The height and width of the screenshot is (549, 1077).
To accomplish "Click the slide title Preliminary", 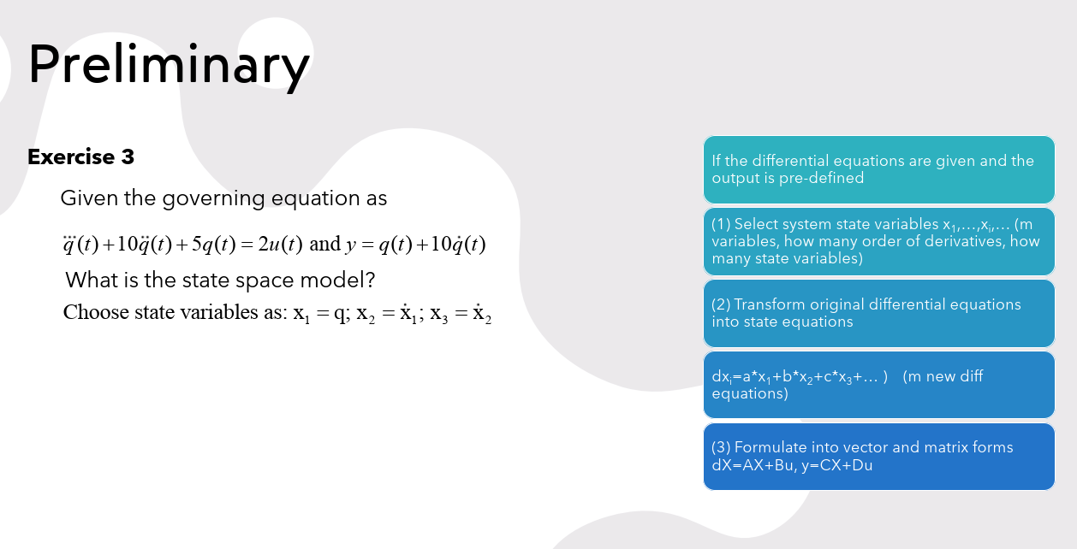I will coord(168,65).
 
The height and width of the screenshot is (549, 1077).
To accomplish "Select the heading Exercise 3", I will coord(80,157).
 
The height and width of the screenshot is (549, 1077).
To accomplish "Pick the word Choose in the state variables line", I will coord(96,312).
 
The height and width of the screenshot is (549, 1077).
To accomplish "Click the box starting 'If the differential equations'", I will coord(878,169).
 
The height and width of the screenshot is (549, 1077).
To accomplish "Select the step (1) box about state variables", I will coord(878,241).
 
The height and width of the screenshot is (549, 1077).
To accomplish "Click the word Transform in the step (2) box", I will coord(774,305).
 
